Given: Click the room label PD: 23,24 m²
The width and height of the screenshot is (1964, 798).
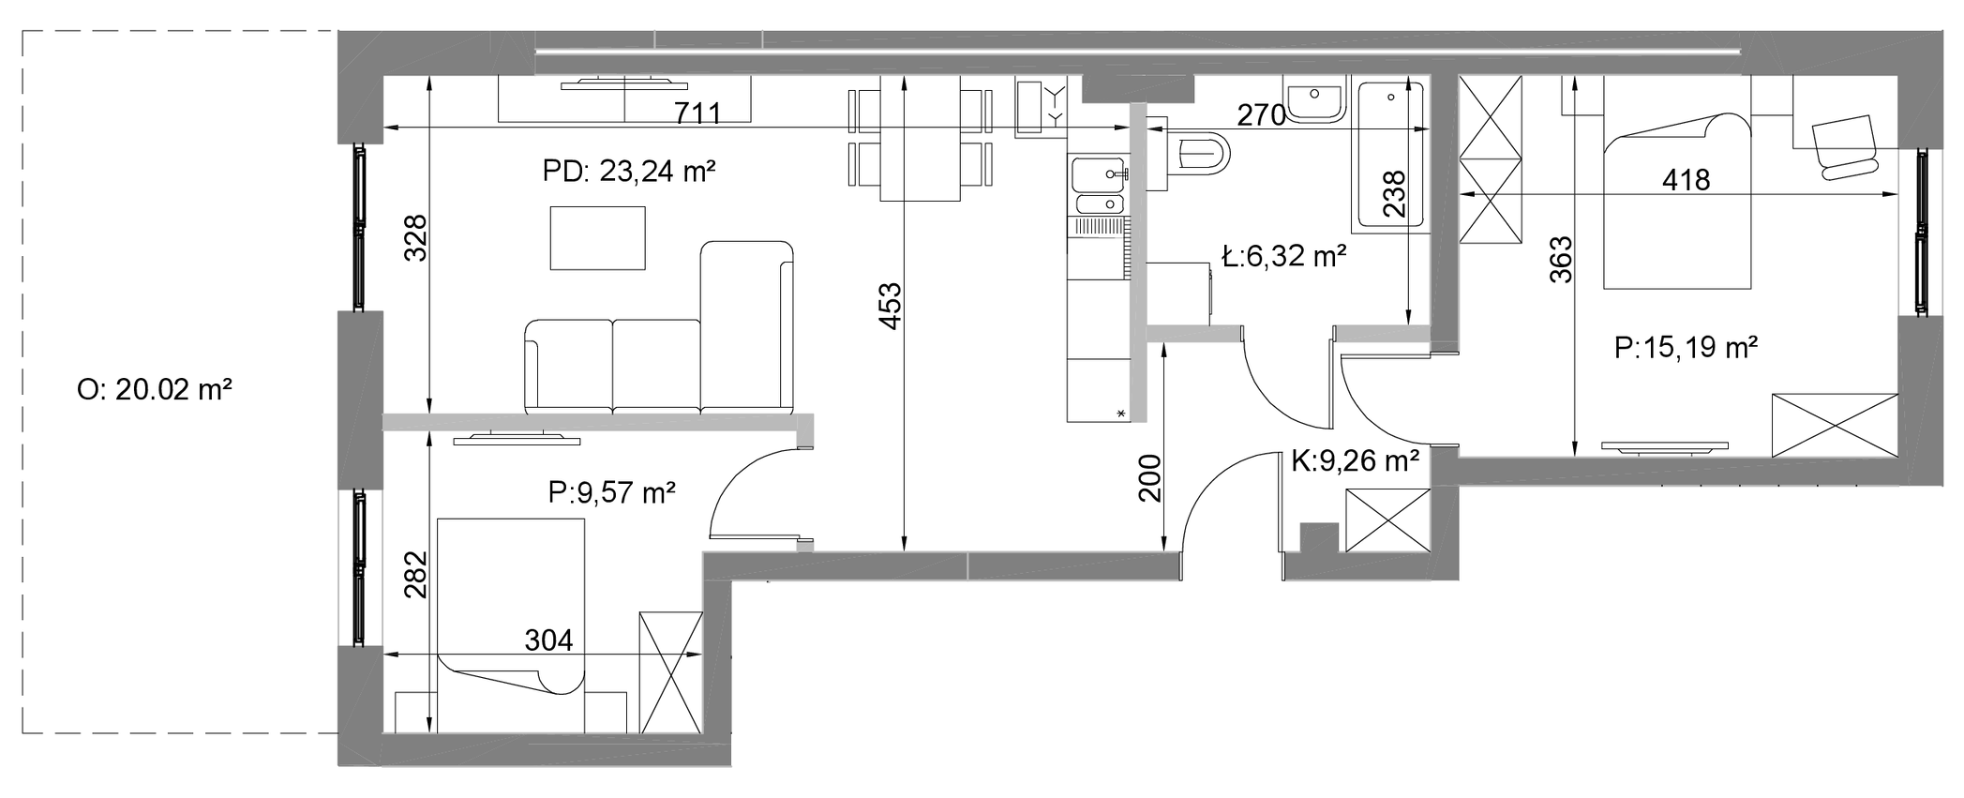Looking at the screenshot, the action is tap(629, 172).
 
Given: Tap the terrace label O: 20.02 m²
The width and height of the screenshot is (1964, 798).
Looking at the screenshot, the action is tap(155, 389).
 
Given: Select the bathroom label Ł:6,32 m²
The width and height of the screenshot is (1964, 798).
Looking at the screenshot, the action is tap(1285, 255).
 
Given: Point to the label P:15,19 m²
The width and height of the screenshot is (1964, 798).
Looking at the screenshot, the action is tap(1686, 348).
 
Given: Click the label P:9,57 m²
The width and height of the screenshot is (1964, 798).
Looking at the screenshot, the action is tap(612, 492).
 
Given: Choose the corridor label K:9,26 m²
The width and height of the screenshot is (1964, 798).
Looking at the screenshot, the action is tap(1355, 460).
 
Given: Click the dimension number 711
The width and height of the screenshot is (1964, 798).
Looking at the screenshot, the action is tap(698, 113).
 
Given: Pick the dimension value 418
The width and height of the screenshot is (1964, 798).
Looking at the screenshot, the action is tap(1687, 179).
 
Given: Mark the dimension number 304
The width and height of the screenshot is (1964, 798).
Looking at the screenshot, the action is tap(548, 640).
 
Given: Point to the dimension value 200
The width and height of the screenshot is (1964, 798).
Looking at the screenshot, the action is tap(1150, 478).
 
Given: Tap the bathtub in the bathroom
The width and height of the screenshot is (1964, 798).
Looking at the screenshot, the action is tap(1389, 157).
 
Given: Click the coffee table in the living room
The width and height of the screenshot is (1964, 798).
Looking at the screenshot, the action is tap(598, 238).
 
